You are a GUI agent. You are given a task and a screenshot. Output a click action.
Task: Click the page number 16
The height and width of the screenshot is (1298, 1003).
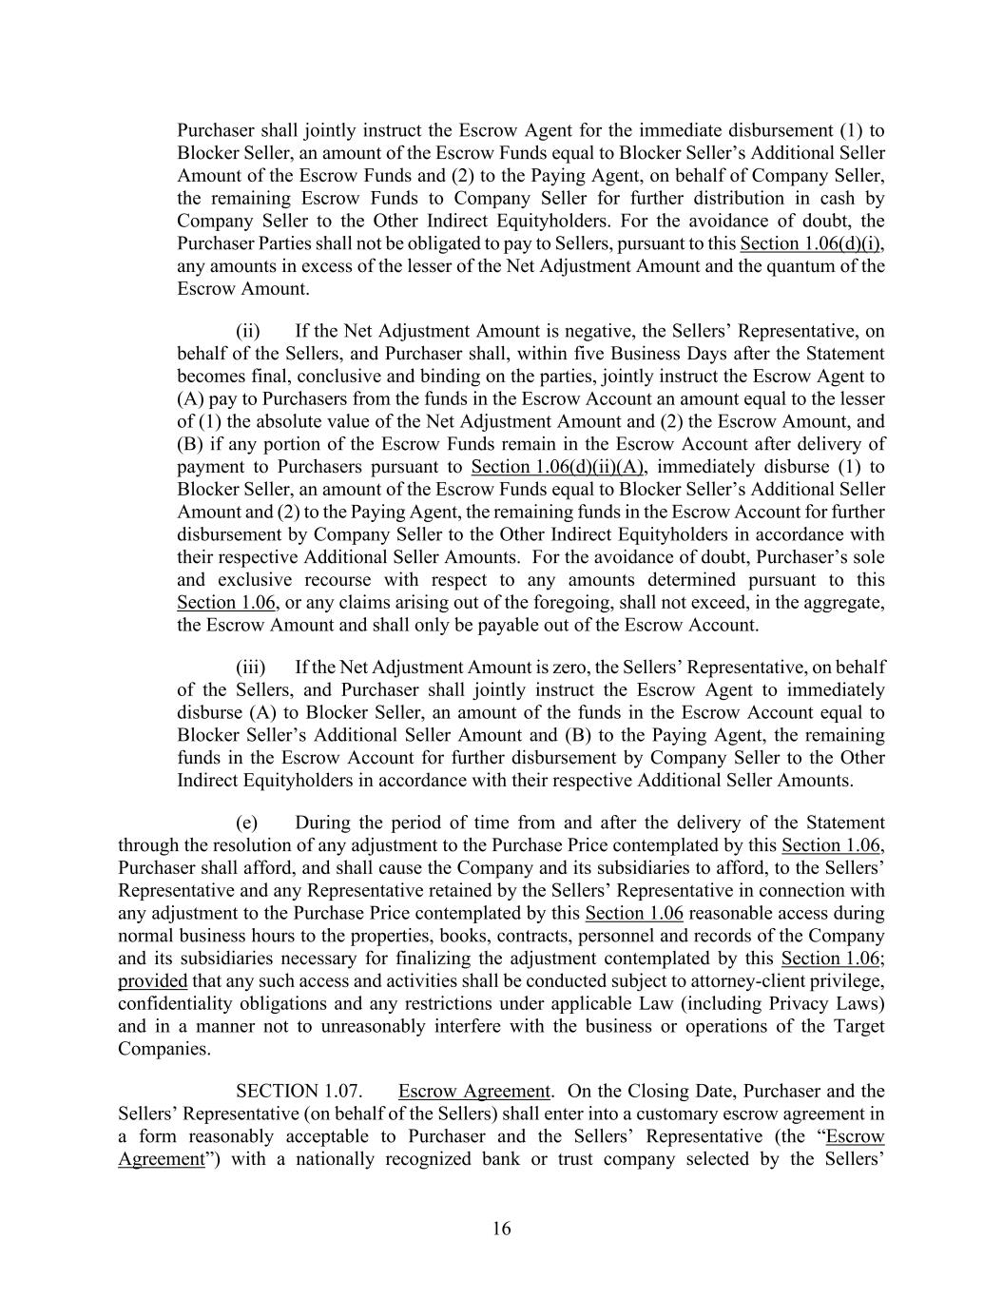point(501,1229)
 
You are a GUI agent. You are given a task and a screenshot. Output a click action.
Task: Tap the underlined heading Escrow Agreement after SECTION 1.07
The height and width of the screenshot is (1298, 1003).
point(473,1091)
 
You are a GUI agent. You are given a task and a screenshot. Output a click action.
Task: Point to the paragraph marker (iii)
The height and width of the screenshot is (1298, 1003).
point(250,667)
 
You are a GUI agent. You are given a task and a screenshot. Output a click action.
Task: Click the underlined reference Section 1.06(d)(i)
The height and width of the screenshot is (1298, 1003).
point(813,243)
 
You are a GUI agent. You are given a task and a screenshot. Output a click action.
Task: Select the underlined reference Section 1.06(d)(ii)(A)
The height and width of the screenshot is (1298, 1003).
point(558,467)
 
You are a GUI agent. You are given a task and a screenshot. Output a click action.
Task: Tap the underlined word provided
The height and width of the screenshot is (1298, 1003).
point(152,981)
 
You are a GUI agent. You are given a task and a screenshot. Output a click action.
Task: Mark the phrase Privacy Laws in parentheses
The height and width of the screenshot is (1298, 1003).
point(833,1004)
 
